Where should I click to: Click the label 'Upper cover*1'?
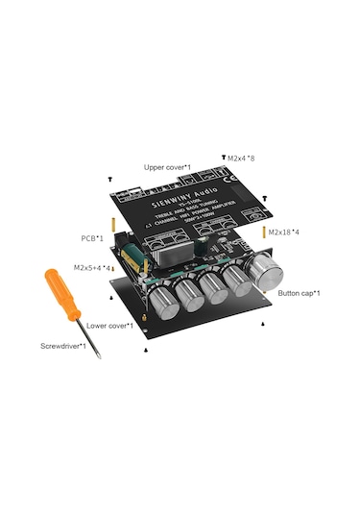click(167, 167)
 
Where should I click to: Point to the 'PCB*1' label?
click(93, 235)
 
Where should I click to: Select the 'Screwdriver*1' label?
click(62, 346)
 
